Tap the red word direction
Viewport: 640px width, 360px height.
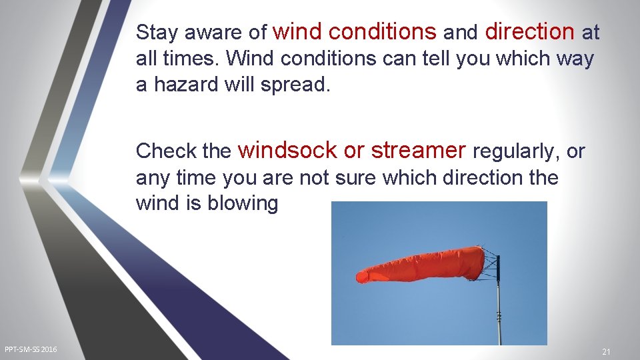pyautogui.click(x=530, y=31)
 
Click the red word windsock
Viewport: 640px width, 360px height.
pyautogui.click(x=287, y=151)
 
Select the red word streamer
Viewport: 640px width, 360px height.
pyautogui.click(x=418, y=151)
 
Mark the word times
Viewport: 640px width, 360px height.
pyautogui.click(x=187, y=59)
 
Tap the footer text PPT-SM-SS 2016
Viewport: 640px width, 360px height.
pyautogui.click(x=31, y=349)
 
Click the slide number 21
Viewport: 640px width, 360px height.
pyautogui.click(x=606, y=351)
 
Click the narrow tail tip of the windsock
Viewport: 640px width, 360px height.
pyautogui.click(x=362, y=275)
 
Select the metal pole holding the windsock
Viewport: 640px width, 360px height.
pyautogui.click(x=499, y=307)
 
